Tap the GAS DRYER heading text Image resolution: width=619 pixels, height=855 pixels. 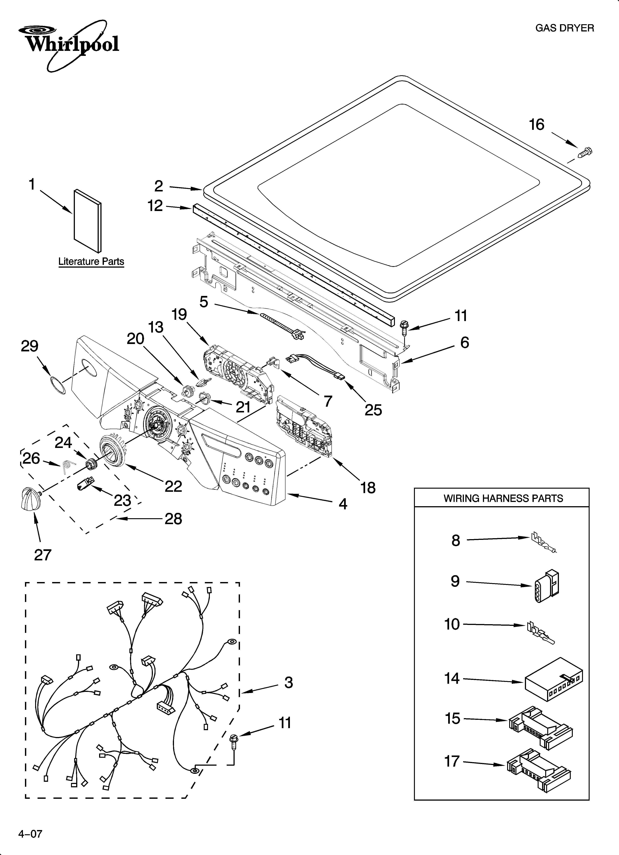point(564,28)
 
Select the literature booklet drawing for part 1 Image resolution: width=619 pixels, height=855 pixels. point(87,220)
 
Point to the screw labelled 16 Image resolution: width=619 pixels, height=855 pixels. point(584,153)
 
